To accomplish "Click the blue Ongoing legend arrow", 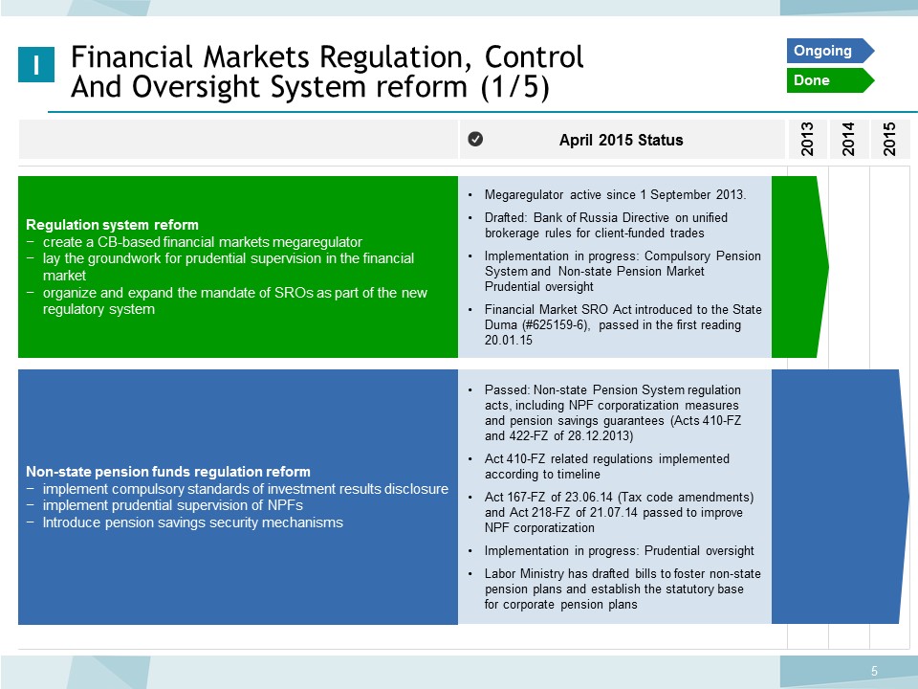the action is (x=830, y=51).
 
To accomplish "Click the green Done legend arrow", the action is (x=830, y=80).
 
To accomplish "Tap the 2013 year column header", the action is (x=807, y=140).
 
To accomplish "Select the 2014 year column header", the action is (x=848, y=140).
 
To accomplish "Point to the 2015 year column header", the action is (x=890, y=140).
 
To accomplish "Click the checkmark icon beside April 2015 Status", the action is (x=475, y=139).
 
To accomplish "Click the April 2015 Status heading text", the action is (x=622, y=140).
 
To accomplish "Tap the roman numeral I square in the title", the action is (x=36, y=64).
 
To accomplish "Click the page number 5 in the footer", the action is (x=874, y=672).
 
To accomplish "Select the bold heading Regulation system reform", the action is (x=113, y=225).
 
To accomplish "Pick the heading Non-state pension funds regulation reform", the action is (x=168, y=472).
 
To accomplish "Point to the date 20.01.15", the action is (x=508, y=341).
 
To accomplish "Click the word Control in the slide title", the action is (x=534, y=56).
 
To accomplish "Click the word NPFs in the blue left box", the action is (x=285, y=505).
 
